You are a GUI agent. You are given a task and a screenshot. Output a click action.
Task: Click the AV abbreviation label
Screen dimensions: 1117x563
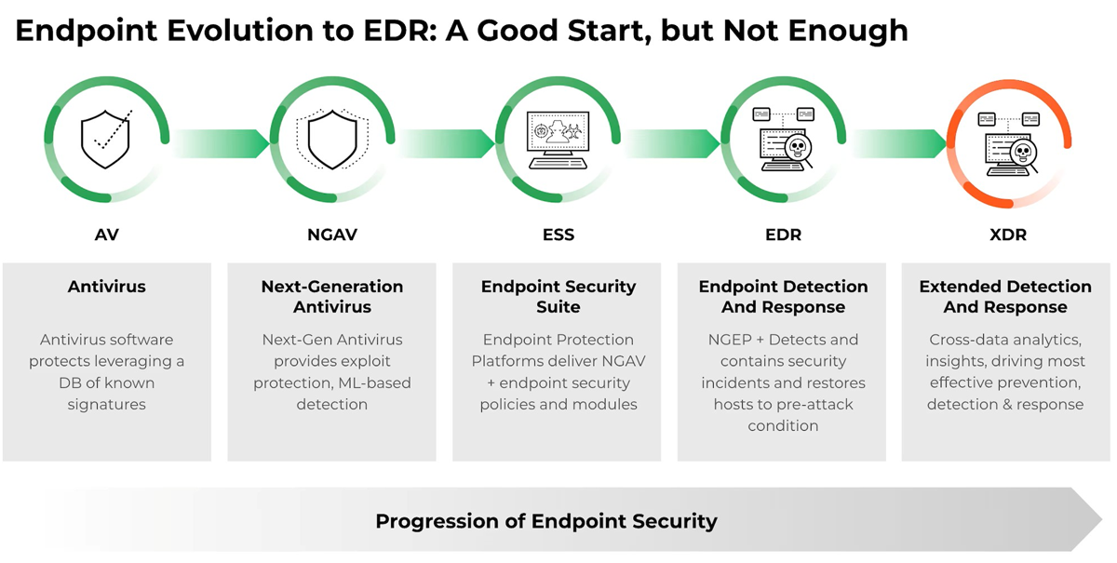click(107, 235)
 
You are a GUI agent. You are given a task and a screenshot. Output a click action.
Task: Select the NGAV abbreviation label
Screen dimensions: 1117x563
click(332, 235)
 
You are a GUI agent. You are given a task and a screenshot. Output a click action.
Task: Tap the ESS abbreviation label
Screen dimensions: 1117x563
click(558, 235)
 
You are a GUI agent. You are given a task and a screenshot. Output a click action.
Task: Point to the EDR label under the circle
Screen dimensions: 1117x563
click(784, 235)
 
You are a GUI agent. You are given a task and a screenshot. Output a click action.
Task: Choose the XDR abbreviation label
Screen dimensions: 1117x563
click(1008, 235)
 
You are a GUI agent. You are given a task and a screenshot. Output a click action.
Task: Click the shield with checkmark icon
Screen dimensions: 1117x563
click(106, 140)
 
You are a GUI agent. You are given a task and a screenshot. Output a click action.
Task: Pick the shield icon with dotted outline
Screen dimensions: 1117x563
click(332, 140)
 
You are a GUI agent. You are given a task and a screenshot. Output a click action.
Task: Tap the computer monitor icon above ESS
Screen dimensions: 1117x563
click(558, 141)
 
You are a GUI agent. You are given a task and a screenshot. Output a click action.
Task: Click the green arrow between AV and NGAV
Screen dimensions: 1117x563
click(221, 143)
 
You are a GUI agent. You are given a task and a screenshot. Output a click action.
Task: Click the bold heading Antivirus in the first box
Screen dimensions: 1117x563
click(107, 287)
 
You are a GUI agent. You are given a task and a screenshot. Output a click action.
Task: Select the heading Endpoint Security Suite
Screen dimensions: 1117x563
click(558, 297)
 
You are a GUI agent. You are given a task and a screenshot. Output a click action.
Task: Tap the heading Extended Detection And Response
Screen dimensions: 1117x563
click(1005, 297)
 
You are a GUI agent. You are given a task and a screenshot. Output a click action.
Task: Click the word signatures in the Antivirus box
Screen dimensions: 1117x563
click(107, 405)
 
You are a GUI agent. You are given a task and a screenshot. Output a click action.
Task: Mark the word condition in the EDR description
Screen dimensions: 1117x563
click(783, 426)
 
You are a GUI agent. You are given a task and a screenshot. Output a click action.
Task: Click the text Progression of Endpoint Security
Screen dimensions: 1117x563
click(546, 522)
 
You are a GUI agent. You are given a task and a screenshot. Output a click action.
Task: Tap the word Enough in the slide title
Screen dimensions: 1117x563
click(848, 32)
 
